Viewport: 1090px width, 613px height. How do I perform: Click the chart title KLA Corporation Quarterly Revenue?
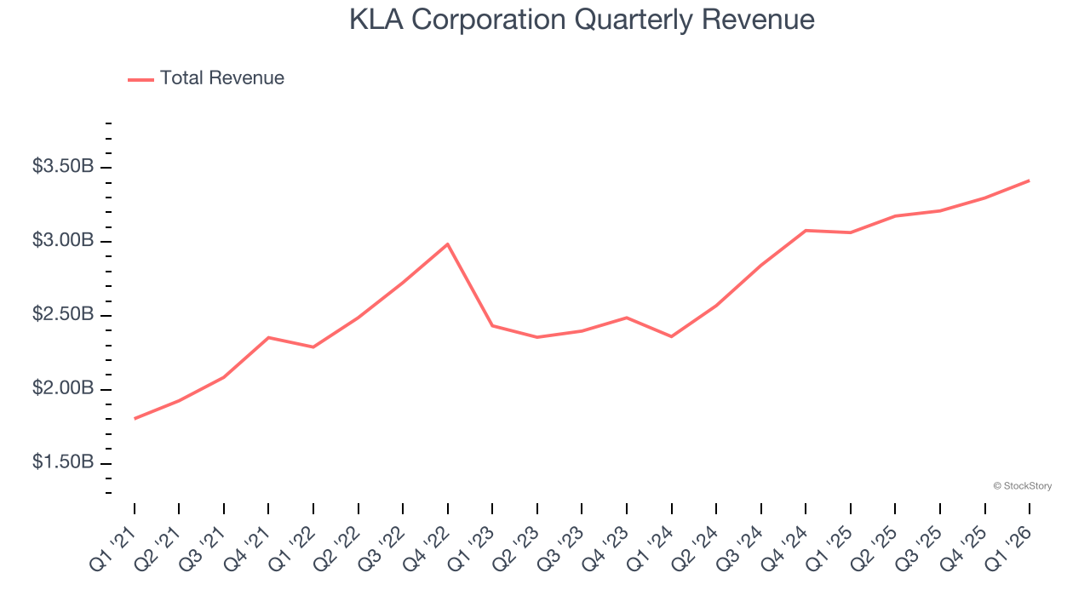[x=582, y=20]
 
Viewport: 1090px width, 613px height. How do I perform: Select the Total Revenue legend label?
[x=221, y=78]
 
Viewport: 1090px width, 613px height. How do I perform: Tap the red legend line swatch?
[x=141, y=79]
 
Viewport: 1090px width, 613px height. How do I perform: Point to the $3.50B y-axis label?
[x=63, y=167]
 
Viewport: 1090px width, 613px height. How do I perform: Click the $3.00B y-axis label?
[x=63, y=241]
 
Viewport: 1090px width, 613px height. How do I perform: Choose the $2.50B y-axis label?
[x=63, y=315]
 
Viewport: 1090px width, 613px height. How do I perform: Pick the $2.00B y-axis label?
[x=63, y=389]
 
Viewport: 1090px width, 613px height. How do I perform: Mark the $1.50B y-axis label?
[x=63, y=463]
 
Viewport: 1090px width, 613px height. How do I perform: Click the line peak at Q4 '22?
[x=448, y=244]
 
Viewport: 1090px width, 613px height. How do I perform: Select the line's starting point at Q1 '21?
[x=135, y=419]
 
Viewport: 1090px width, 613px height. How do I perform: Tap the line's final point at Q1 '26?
[x=1030, y=180]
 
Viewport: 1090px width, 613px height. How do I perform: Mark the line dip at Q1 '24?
[x=671, y=336]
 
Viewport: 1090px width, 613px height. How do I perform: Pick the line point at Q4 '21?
[x=268, y=337]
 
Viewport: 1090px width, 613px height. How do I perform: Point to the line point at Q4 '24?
[x=806, y=231]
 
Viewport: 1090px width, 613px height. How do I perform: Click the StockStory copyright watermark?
[x=1022, y=486]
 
